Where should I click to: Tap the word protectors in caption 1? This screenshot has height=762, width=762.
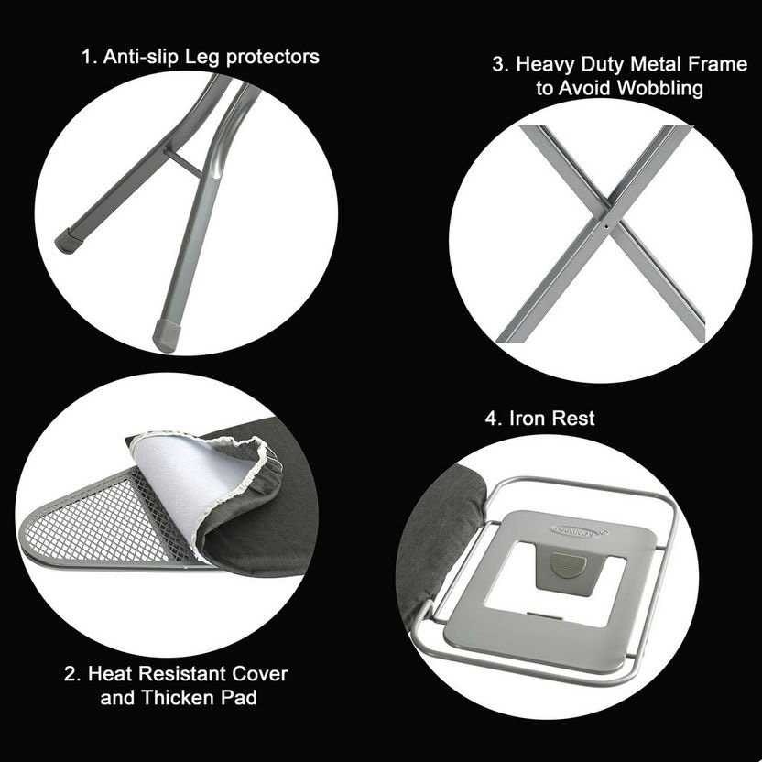pos(273,58)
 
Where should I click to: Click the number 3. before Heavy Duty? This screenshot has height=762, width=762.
pos(501,64)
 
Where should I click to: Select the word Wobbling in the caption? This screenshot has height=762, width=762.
pos(660,88)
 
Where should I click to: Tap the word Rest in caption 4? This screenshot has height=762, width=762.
pos(573,418)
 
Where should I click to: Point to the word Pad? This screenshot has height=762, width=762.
pos(239,698)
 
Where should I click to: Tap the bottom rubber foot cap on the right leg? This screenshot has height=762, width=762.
pos(167,335)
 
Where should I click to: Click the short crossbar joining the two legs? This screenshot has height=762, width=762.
pos(182,163)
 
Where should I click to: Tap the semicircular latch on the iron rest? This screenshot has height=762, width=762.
pos(568,565)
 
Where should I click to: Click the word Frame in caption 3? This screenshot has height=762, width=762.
pos(717,64)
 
